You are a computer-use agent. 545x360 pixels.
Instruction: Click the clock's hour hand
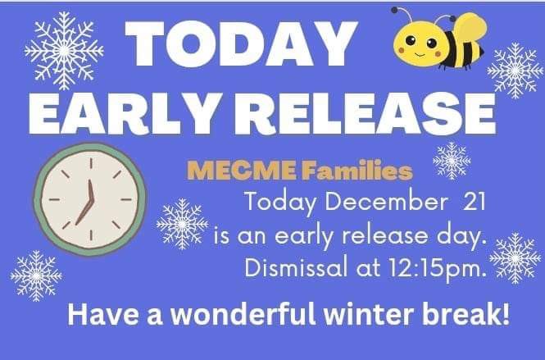(83, 212)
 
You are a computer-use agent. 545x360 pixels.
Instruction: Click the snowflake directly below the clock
(36, 275)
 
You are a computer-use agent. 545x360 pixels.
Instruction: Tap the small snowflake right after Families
(452, 160)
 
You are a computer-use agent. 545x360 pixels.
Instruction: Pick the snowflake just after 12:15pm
(515, 258)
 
